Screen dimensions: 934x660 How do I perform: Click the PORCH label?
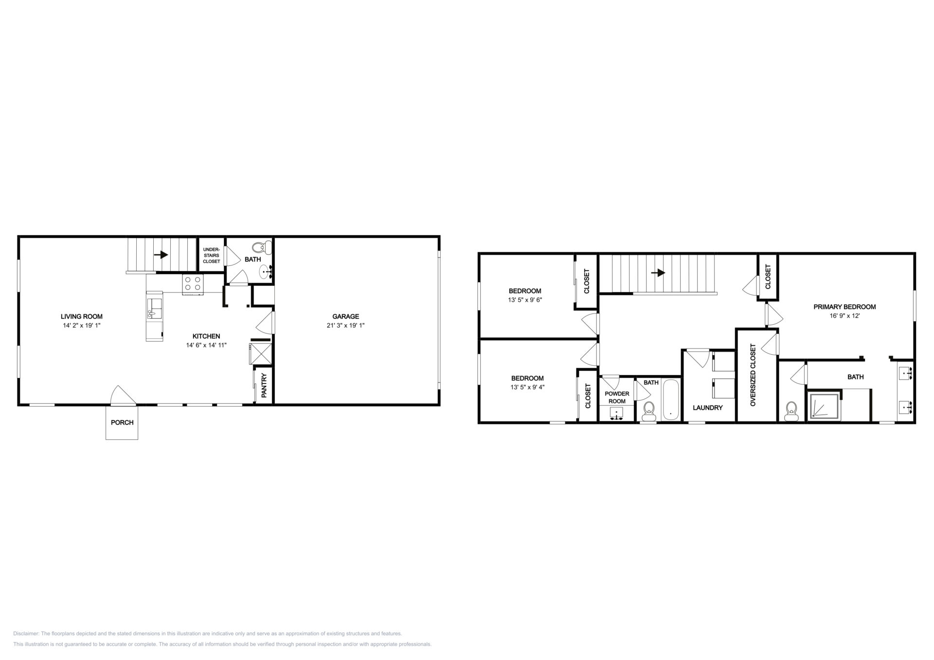click(x=122, y=422)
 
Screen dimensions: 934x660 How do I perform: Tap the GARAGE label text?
click(x=345, y=316)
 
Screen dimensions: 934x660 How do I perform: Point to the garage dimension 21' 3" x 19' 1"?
click(x=345, y=325)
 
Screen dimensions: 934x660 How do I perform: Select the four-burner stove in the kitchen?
click(x=193, y=284)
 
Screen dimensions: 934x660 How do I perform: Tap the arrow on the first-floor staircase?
click(x=161, y=255)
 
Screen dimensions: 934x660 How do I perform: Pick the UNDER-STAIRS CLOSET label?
click(x=212, y=255)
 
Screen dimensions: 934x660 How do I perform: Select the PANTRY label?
click(x=264, y=385)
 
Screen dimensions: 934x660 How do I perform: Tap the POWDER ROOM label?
click(x=617, y=398)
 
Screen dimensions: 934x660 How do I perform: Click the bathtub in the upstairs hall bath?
click(x=670, y=400)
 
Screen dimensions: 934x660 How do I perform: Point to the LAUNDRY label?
click(x=707, y=408)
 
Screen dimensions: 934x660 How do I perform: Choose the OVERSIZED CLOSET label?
click(x=753, y=375)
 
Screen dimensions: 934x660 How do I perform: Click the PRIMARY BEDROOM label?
click(x=844, y=307)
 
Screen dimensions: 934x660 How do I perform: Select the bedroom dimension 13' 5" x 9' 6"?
click(x=525, y=300)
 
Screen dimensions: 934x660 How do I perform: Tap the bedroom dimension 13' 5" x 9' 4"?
click(x=527, y=387)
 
